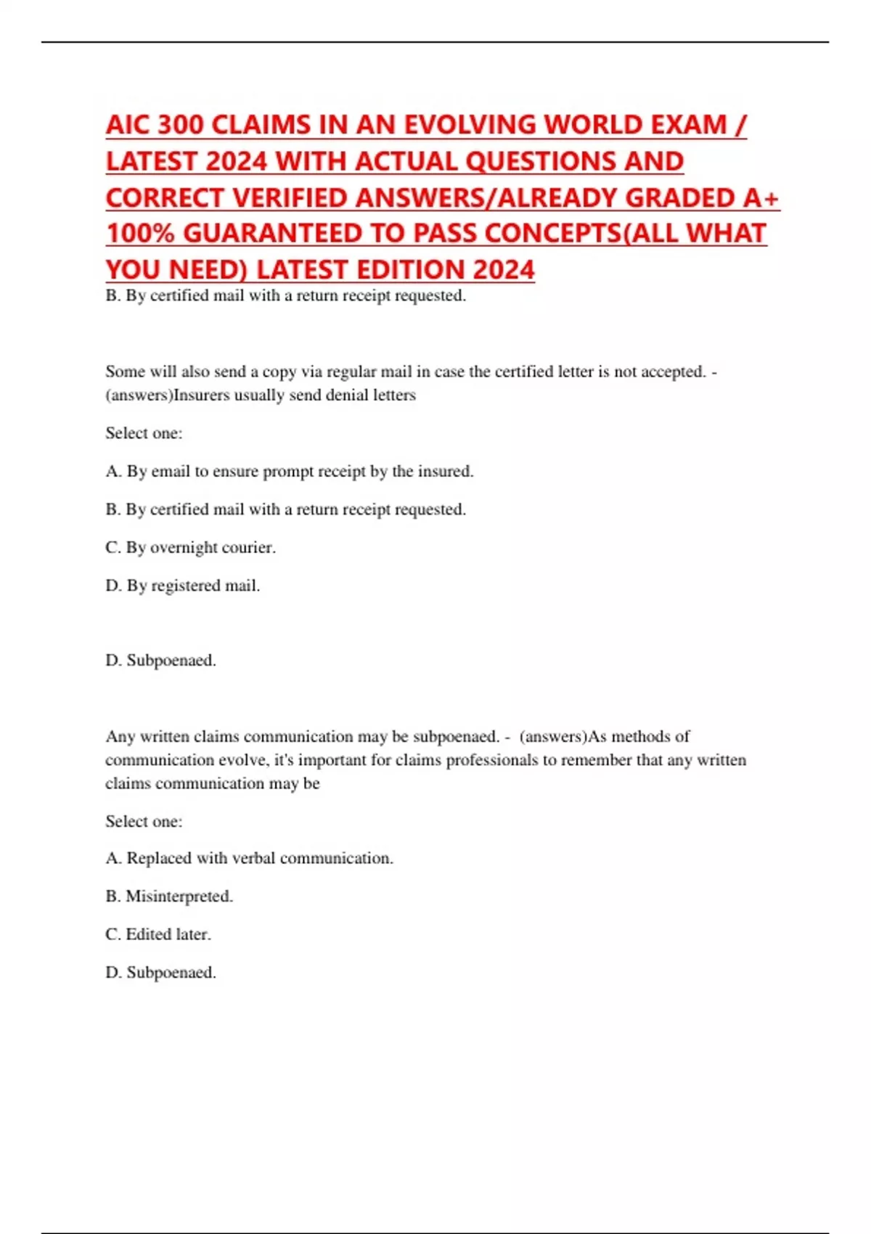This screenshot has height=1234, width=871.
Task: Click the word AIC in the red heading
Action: pos(128,125)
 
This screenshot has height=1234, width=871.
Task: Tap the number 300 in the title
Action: pos(181,125)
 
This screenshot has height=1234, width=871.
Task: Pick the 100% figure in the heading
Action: pos(140,234)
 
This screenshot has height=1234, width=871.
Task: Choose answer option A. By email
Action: pos(289,471)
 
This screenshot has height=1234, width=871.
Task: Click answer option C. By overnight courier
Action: pos(190,547)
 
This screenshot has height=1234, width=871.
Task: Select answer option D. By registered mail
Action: pos(182,585)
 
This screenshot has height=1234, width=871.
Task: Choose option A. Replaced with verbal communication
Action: pos(249,858)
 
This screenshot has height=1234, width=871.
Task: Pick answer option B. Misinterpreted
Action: pos(169,896)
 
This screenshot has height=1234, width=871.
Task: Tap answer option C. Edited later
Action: pos(158,934)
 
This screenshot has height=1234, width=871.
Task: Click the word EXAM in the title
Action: pos(689,125)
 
